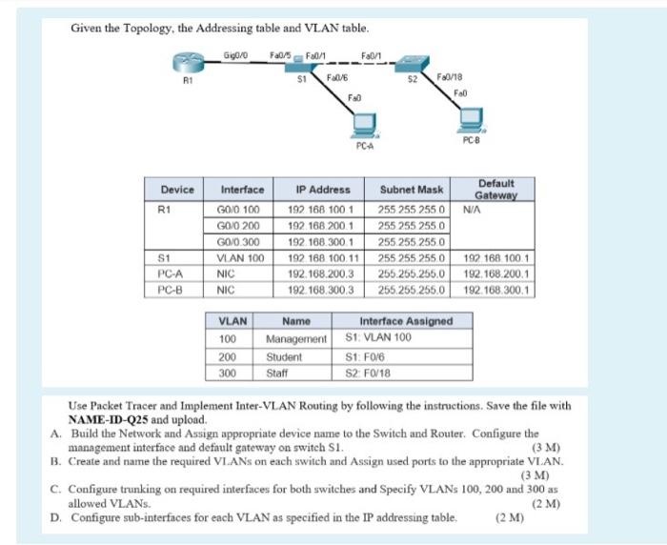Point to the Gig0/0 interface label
point(234,54)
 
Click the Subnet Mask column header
point(411,190)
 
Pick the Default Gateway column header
point(495,189)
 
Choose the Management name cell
point(296,338)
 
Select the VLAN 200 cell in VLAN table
point(228,356)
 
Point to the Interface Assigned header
point(405,321)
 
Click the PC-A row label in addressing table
point(172,272)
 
